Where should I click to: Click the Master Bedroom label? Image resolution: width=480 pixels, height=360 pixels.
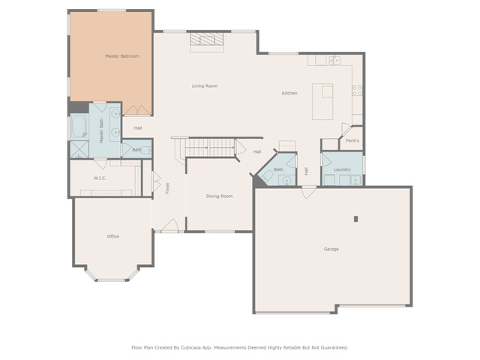click(121, 56)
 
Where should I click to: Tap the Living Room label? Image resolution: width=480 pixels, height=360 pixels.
click(205, 85)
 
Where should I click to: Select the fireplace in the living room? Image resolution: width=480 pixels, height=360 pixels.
click(207, 42)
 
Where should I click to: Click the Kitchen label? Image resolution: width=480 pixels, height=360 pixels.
click(289, 93)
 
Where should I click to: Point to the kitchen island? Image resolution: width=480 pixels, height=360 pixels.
click(322, 102)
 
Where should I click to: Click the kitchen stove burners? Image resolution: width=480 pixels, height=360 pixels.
click(357, 91)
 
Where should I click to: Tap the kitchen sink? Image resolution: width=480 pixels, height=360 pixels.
click(334, 60)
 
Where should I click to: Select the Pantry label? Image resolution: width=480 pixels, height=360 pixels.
click(352, 140)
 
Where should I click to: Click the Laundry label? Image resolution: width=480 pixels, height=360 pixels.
click(342, 169)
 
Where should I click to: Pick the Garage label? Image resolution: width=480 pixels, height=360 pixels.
click(331, 249)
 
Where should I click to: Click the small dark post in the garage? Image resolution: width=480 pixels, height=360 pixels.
click(355, 219)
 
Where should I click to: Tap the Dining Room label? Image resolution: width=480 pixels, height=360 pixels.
click(219, 196)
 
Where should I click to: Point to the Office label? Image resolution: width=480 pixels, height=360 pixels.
click(113, 236)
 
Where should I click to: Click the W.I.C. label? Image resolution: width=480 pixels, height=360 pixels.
click(100, 178)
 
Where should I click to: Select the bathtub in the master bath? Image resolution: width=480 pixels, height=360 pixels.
click(79, 127)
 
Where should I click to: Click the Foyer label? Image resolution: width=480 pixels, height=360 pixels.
click(167, 188)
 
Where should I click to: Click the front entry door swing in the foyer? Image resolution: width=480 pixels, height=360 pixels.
click(170, 225)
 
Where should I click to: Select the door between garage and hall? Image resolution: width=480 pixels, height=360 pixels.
click(309, 192)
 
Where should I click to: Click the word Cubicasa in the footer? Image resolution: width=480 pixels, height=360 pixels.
click(191, 347)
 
